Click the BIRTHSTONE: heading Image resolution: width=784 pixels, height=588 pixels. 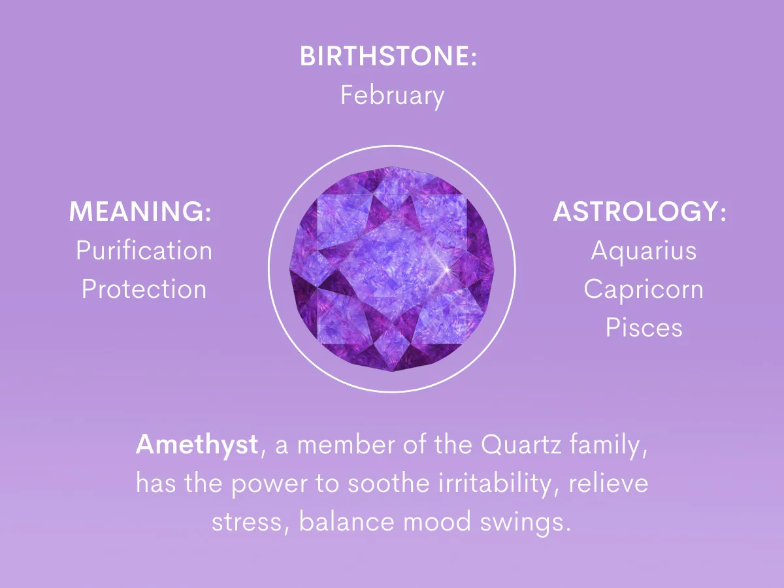(388, 56)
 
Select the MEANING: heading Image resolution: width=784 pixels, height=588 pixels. (140, 211)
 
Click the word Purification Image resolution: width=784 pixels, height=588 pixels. (144, 250)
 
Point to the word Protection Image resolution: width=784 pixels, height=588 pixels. (144, 289)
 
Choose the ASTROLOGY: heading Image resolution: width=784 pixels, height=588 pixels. (640, 211)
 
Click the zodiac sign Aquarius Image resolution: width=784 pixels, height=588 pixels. (644, 252)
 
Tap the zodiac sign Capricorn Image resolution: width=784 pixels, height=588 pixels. (644, 290)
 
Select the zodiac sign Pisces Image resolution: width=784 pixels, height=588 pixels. (644, 327)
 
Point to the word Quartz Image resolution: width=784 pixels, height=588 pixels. (521, 445)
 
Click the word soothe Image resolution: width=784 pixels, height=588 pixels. (388, 483)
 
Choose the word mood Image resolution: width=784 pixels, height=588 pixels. (437, 521)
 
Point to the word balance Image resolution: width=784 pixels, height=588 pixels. (346, 521)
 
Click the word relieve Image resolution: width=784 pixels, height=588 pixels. (608, 483)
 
